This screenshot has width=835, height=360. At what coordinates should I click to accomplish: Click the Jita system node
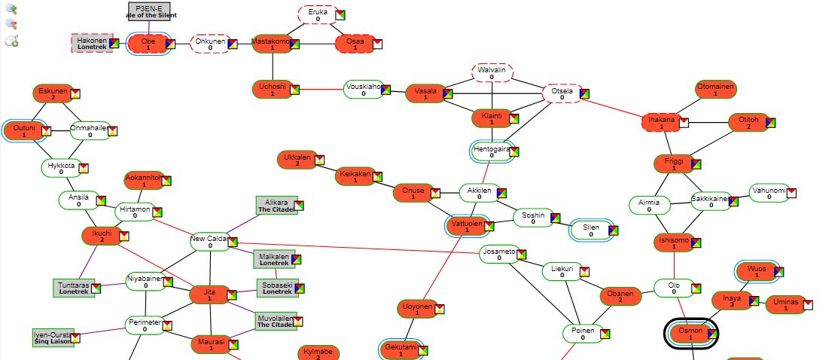click(209, 294)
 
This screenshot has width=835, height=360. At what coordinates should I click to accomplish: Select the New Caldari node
click(209, 242)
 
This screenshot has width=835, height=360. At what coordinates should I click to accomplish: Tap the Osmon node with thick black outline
click(690, 334)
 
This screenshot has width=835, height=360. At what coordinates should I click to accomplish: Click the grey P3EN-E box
click(148, 11)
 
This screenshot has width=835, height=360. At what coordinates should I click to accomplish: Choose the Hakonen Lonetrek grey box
click(92, 44)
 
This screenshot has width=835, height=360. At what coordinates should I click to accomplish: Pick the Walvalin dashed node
click(492, 73)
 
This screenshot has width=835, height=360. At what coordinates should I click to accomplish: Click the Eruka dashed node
click(318, 15)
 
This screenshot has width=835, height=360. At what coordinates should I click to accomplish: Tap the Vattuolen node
click(468, 226)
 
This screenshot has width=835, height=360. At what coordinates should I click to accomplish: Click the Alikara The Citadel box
click(276, 206)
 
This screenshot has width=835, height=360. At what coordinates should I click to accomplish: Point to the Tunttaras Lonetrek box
click(74, 288)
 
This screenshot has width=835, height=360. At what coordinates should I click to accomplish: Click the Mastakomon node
click(271, 44)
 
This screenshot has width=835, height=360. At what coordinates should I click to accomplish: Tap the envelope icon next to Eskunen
click(75, 93)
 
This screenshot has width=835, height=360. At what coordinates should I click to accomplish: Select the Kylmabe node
click(317, 353)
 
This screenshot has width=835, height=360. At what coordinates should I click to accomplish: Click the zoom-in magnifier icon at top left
click(11, 9)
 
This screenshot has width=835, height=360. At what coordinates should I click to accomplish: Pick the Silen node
click(590, 230)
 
